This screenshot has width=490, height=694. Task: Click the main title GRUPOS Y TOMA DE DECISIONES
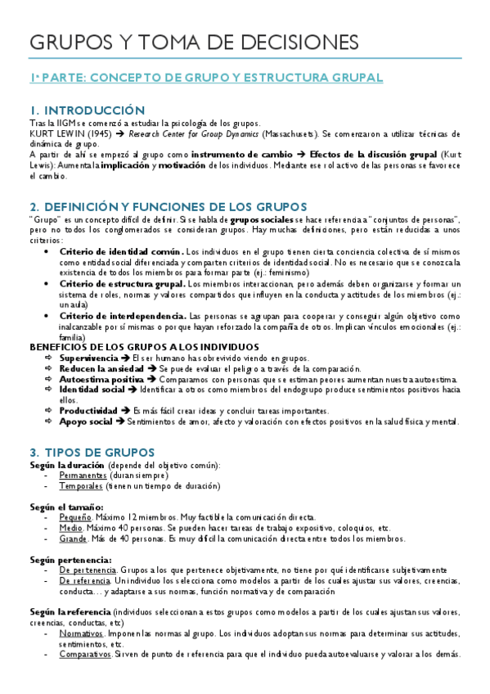coord(193,42)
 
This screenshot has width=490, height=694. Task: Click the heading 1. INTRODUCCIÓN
coord(87,110)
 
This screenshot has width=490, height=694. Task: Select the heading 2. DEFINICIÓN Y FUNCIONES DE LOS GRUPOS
coord(168,206)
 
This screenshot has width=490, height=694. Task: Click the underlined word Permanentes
coord(83,475)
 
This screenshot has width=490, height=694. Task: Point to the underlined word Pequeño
coord(75,517)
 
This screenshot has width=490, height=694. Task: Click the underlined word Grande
coord(74,539)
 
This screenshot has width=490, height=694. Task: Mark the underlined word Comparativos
coord(85,655)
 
